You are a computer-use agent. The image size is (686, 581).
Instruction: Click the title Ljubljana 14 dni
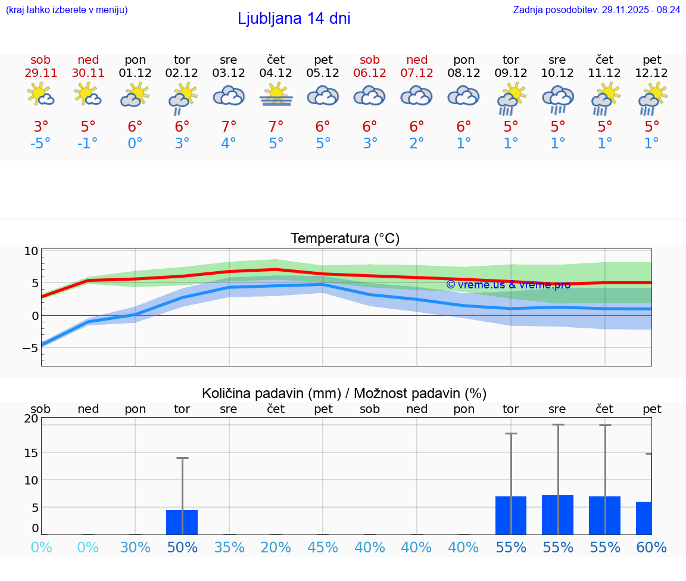(x=294, y=18)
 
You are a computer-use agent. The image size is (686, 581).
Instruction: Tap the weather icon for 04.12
(x=276, y=95)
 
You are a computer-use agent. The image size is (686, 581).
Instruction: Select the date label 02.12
(x=182, y=73)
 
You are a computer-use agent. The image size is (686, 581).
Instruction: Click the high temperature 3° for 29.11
(x=40, y=127)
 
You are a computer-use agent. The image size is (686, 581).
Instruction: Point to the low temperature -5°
(x=40, y=144)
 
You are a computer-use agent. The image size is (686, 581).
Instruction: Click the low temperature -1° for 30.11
(x=88, y=144)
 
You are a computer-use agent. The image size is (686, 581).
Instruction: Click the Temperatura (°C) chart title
(x=345, y=239)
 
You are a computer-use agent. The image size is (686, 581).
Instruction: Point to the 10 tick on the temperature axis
(x=31, y=251)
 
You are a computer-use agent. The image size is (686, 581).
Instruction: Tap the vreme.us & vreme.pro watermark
(x=508, y=285)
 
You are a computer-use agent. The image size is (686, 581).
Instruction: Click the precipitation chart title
(x=344, y=393)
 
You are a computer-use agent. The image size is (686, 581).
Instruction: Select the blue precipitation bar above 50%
(x=182, y=522)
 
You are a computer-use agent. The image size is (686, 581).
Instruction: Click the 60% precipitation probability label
(x=651, y=548)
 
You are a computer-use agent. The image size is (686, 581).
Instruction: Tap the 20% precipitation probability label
(x=276, y=548)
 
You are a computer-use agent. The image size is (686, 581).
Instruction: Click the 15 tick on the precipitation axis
(x=31, y=452)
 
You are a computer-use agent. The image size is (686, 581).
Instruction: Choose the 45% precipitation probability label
(x=323, y=548)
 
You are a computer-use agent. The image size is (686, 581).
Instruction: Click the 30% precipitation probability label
(x=135, y=548)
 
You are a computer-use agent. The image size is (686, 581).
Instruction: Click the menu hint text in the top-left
(x=67, y=10)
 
